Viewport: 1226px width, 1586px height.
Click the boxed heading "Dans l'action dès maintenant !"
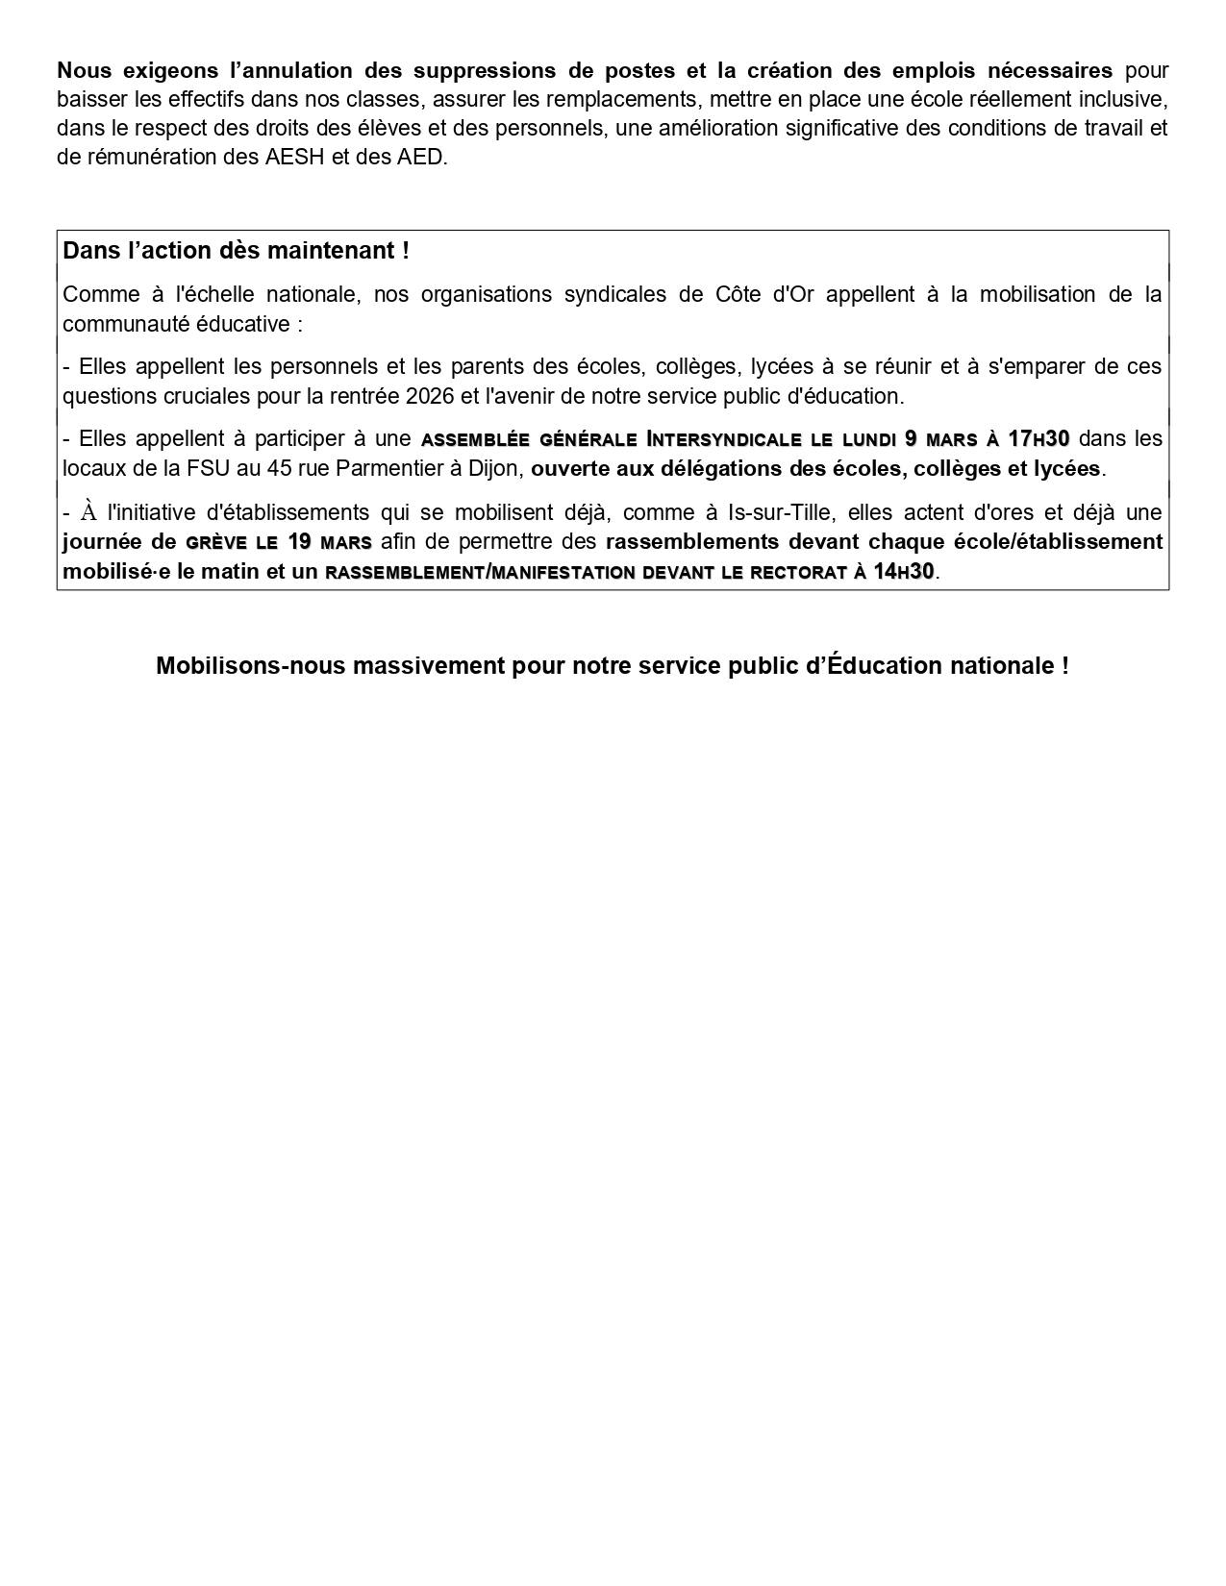click(x=236, y=251)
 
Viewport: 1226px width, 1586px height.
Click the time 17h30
click(x=1038, y=439)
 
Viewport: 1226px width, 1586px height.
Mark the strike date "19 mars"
click(x=329, y=541)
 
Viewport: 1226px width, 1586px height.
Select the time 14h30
click(x=903, y=571)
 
